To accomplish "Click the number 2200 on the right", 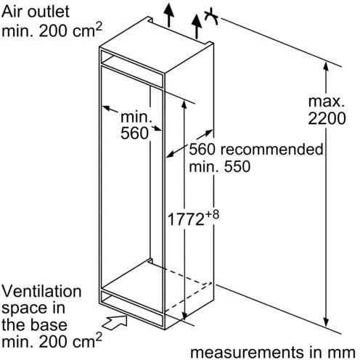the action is [x=327, y=118].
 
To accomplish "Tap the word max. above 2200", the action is [x=327, y=102].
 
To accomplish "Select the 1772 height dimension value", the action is [x=186, y=219].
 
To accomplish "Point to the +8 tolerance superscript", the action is [x=212, y=215].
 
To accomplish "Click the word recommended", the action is [x=272, y=150].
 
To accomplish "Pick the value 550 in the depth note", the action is [x=237, y=166].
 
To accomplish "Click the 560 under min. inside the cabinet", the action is [x=134, y=133].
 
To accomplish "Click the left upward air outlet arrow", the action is [x=168, y=15].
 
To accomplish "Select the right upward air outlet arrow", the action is [x=197, y=26].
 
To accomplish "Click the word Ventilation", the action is [x=41, y=291].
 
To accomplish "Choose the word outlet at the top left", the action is [x=49, y=12].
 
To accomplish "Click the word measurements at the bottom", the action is [x=247, y=352].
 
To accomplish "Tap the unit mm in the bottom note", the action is [x=344, y=353].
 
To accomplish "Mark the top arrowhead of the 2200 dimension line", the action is [x=326, y=66].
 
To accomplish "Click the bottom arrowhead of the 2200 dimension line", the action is [x=326, y=323].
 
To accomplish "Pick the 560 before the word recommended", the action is [x=202, y=150].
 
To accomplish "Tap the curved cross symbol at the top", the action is [x=211, y=17].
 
